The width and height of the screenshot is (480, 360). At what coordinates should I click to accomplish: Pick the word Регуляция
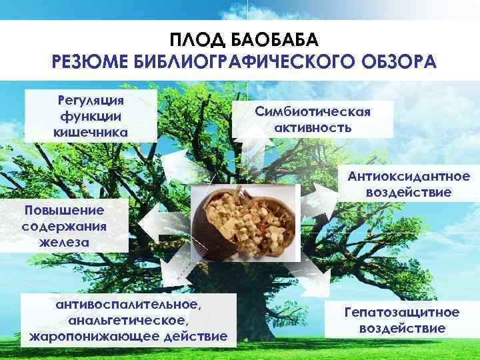click(91, 101)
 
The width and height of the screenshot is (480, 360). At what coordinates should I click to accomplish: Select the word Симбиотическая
click(313, 111)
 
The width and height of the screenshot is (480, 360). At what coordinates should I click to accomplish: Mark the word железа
click(64, 241)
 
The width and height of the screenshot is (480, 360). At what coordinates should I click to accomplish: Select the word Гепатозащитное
click(401, 312)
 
